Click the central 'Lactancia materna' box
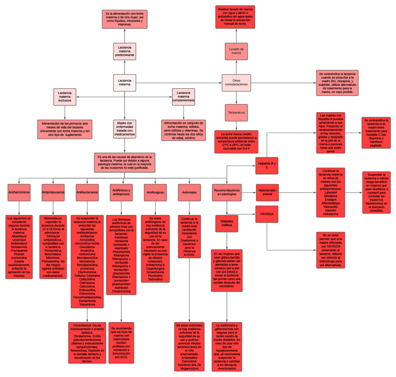pos(124,83)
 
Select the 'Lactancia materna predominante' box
pos(124,51)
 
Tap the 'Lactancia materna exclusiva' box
pos(65,97)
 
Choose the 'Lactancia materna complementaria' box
pos(183,97)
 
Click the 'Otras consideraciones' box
pos(236,83)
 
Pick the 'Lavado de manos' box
pos(236,50)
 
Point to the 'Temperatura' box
pos(236,113)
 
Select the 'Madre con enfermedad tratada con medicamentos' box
pos(124,128)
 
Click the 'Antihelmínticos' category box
pos(19,192)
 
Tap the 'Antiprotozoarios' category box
pos(53,192)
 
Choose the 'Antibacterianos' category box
pos(87,192)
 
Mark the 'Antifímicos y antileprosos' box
pos(121,192)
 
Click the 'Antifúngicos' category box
pos(156,192)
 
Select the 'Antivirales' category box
pos(189,192)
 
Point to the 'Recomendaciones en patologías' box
pos(227,193)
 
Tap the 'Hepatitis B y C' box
pos(267,164)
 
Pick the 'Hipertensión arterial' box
pos(267,193)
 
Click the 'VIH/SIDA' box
pos(267,214)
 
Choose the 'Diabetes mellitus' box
pos(227,223)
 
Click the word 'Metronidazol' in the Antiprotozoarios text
pos(53,218)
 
